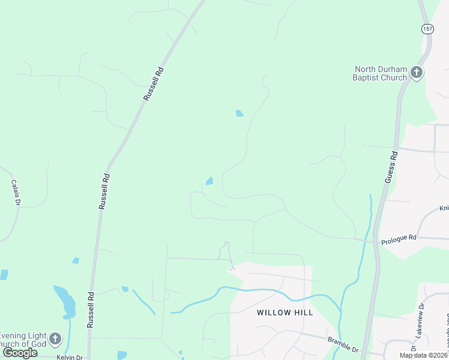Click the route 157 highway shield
point(426,29)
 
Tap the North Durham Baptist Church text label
point(380,73)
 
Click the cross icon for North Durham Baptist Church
point(417,73)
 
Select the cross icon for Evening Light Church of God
point(55,339)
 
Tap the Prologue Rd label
point(399,238)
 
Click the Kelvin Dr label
point(69,357)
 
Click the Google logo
point(20,353)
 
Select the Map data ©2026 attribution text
point(423,355)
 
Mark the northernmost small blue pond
point(240,113)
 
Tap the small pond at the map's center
point(209,181)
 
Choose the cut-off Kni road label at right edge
point(444,209)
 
